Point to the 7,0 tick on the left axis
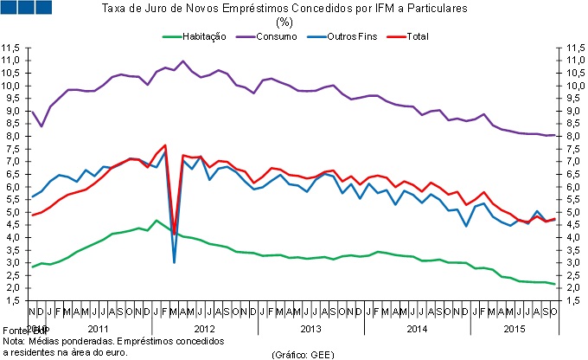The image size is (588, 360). pyautogui.click(x=12, y=161)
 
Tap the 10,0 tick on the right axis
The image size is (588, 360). pyautogui.click(x=575, y=86)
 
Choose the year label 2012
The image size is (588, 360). pyautogui.click(x=203, y=329)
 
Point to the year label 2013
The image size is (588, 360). pyautogui.click(x=310, y=329)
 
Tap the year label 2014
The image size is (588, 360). pyautogui.click(x=416, y=329)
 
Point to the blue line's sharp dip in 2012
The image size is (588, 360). pyautogui.click(x=175, y=261)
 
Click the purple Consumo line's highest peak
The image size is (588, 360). pyautogui.click(x=183, y=61)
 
